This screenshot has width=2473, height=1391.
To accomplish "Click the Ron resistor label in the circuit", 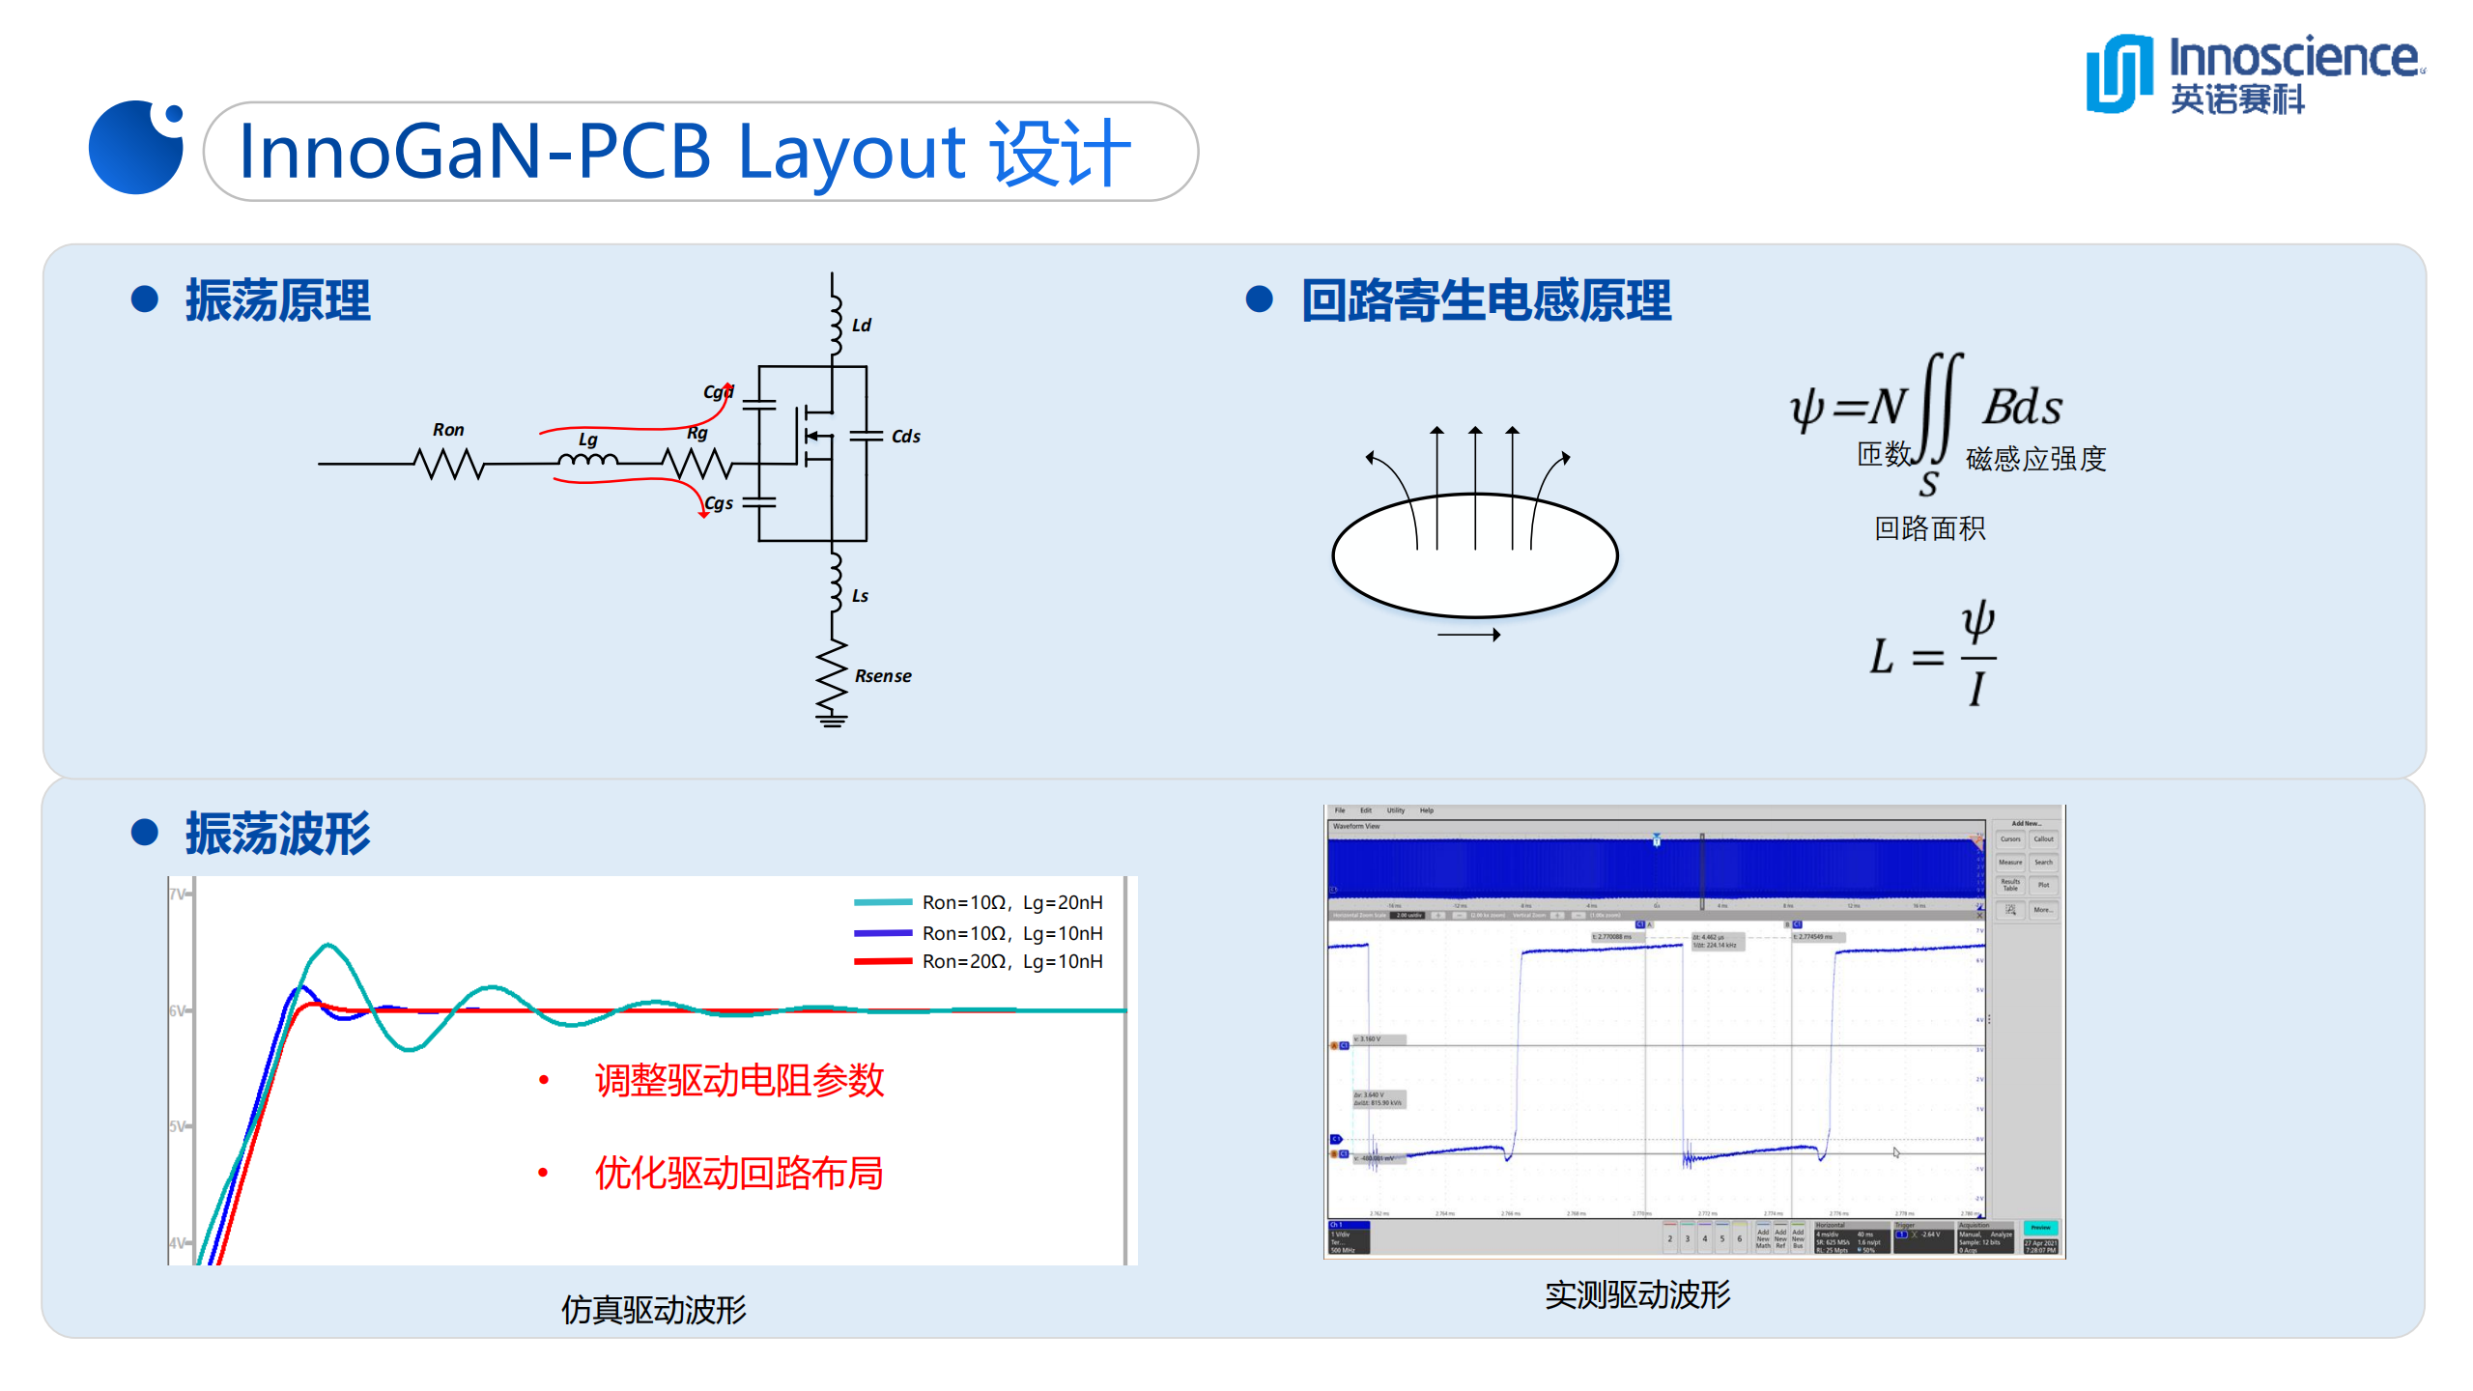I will pos(448,430).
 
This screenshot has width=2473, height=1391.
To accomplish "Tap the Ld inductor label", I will pos(861,326).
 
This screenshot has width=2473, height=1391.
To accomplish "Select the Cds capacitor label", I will pos(905,437).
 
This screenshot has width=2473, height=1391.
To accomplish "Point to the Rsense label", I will pos(882,676).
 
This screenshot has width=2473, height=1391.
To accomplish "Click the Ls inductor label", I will pos(860,596).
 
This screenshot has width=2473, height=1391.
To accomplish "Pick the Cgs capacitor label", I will pos(719,503).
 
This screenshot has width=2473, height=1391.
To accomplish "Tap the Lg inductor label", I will pos(587,440).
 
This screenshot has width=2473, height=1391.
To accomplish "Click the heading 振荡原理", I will pos(278,300).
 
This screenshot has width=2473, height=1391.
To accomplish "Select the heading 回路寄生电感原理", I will pos(1486,300).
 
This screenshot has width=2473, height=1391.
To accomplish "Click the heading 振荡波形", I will pos(278,834).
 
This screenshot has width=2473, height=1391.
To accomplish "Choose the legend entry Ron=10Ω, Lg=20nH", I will pos(1011,902).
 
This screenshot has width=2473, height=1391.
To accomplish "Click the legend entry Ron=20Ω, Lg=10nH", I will pos(1011,961).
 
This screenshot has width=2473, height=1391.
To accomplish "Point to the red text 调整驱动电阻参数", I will pos(739,1080).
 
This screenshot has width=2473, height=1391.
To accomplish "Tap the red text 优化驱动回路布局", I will pos(739,1173).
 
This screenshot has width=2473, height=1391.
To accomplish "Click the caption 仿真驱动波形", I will pos(654,1310).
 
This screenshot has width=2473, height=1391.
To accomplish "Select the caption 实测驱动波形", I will pos(1637,1294).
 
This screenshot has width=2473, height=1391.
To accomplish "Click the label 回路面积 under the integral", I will pos(1929,528).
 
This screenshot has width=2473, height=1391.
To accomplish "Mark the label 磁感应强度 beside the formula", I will pos(2035,458).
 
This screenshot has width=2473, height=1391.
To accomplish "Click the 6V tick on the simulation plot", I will pos(179,1010).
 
